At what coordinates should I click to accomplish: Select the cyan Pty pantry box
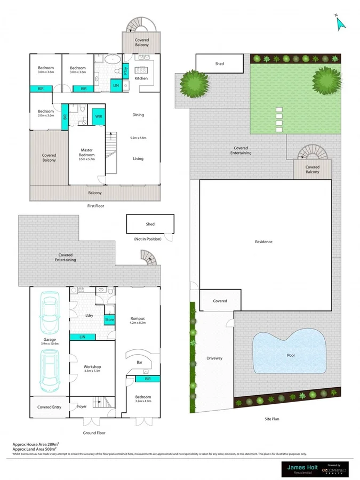126,69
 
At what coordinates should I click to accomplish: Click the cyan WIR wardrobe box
99,116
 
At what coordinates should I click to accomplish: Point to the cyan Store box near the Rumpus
109,319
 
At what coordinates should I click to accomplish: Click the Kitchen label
141,78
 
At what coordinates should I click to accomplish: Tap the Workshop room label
92,367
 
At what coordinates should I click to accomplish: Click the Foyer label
82,406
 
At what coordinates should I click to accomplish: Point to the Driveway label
215,358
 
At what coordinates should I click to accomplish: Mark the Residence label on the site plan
263,242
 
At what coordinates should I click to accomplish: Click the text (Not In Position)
147,239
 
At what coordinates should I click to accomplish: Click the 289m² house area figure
51,443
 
